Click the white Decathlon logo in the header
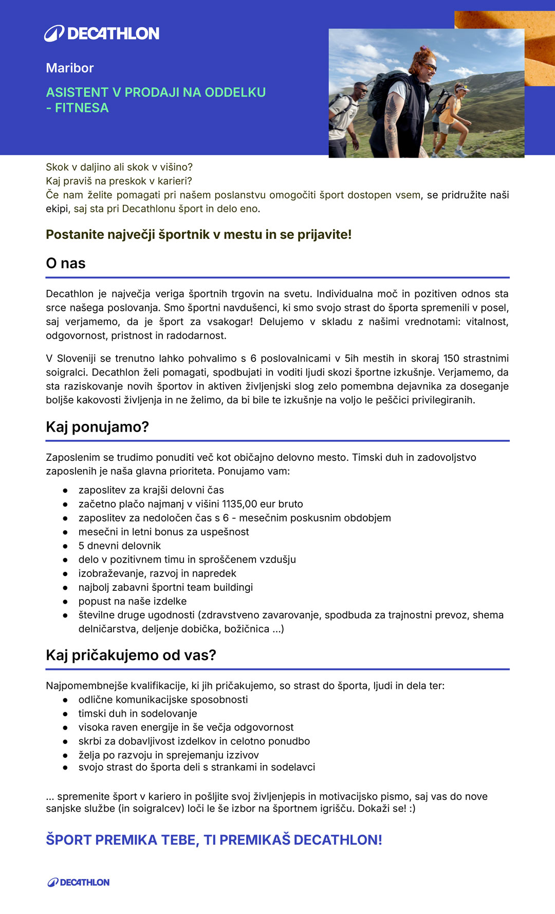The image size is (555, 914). click(x=102, y=33)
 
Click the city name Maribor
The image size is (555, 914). click(x=70, y=68)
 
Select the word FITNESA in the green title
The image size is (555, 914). click(x=82, y=108)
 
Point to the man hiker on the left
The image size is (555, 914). click(x=345, y=116)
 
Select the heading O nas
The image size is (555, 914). click(x=66, y=263)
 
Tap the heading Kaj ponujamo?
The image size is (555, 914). click(x=97, y=427)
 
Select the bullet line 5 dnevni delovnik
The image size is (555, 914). click(x=120, y=546)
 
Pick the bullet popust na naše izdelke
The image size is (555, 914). click(x=133, y=601)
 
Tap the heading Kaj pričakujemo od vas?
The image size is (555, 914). click(x=131, y=655)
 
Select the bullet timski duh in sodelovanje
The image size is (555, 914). click(x=138, y=714)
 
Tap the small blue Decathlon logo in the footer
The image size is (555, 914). click(x=79, y=882)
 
